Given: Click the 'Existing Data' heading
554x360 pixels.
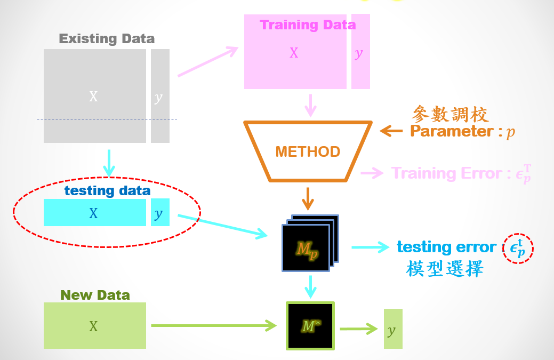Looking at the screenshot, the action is click(107, 38).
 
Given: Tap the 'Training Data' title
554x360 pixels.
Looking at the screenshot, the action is click(308, 25).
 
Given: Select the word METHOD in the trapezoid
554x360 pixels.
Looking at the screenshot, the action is click(308, 151).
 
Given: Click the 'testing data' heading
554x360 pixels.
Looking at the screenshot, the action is click(107, 191).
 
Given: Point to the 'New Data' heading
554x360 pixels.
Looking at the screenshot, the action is click(95, 295).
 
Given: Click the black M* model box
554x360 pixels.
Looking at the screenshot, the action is click(310, 326).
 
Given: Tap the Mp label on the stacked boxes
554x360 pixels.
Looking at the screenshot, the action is click(307, 250).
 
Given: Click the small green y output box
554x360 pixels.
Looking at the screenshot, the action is click(394, 329).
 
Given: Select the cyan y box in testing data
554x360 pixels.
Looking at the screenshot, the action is click(160, 212).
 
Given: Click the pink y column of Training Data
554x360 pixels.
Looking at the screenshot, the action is click(361, 52).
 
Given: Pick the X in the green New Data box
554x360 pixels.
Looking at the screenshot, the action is click(93, 326).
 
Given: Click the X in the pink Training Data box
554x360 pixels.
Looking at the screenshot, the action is click(294, 53).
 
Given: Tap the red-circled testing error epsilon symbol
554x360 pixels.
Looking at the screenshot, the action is click(518, 249).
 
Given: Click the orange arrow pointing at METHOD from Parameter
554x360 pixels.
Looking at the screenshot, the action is click(391, 131).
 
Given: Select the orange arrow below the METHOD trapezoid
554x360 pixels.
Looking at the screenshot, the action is click(308, 199).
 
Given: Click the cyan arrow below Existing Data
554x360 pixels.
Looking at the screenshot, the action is click(109, 163).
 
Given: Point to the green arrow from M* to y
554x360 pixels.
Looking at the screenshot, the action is click(359, 329).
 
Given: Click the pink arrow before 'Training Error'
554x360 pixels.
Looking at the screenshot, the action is click(372, 173).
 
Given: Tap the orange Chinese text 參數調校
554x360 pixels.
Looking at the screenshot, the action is click(450, 114).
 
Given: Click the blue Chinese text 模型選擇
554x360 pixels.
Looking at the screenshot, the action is click(445, 268).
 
